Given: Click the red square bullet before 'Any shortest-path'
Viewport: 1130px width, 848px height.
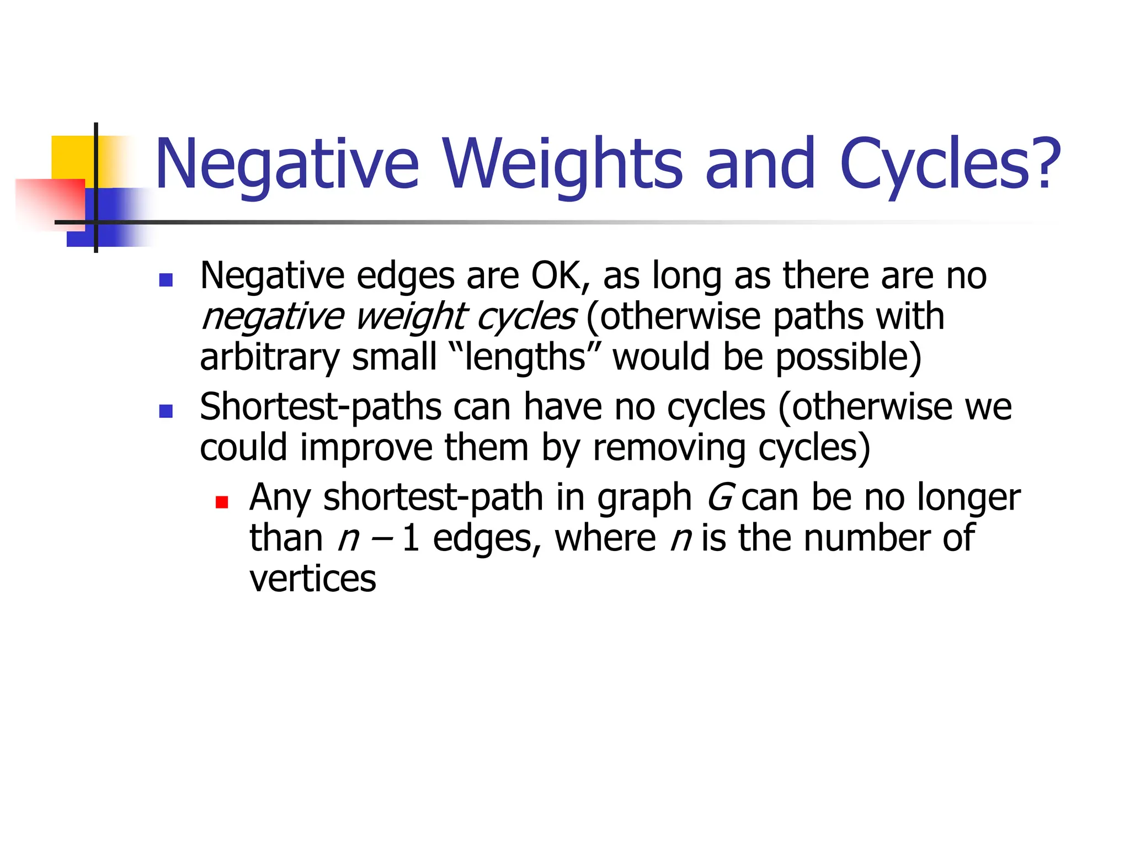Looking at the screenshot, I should click(222, 502).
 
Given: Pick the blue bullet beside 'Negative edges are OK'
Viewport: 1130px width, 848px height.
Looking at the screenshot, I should click(166, 280).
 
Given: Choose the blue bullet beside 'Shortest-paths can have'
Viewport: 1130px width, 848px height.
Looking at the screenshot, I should click(166, 411).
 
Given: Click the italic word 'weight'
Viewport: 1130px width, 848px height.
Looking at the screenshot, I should click(411, 317).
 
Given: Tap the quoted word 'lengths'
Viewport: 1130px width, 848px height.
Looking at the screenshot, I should click(524, 357).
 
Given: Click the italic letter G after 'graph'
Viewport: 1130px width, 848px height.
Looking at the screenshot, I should click(719, 497).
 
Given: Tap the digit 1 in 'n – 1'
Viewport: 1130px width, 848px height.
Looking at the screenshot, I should click(410, 538).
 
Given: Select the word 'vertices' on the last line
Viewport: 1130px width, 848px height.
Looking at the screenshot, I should click(312, 579).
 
